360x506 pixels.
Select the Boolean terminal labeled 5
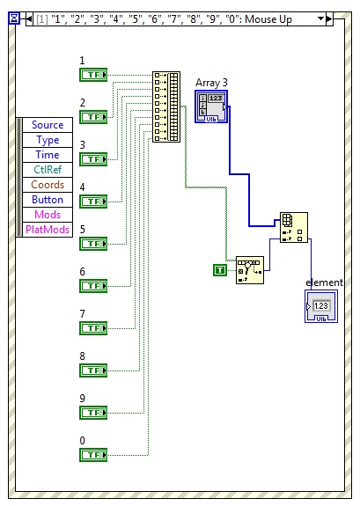[92, 243]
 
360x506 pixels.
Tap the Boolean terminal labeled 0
[92, 454]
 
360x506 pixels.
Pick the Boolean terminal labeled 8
[92, 370]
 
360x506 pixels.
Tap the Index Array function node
[293, 227]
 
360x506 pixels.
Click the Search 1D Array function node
[249, 270]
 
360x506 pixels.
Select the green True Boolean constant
[220, 269]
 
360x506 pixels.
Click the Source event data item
[47, 125]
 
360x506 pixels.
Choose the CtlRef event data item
[47, 170]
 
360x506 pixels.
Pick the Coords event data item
[47, 185]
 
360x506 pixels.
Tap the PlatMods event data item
[47, 230]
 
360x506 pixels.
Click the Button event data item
[47, 200]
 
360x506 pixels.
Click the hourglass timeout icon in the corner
[12, 18]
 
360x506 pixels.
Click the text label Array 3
[212, 83]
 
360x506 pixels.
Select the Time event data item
[47, 155]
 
